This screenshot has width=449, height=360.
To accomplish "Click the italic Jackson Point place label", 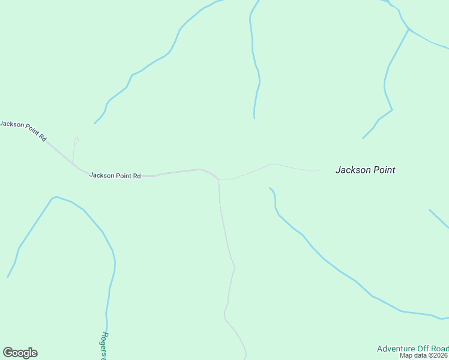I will coord(365,170).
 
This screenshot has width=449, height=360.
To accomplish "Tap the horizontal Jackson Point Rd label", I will coord(115,176).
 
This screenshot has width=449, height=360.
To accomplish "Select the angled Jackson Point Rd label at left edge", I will coord(23,130).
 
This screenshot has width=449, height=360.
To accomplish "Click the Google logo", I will coord(20,353).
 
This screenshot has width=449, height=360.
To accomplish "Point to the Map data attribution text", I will coord(424,355).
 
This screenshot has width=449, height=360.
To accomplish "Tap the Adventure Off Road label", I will coord(412,349).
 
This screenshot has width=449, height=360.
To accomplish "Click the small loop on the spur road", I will coord(76,140).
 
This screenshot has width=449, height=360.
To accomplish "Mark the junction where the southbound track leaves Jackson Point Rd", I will coord(218,179).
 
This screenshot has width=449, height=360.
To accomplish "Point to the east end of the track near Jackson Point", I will coord(319,171).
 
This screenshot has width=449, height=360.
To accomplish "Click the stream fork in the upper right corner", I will coord(409,28).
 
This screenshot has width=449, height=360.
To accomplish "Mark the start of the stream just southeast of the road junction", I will coord(270,188).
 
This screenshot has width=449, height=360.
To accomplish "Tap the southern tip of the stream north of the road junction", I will coord(255,118).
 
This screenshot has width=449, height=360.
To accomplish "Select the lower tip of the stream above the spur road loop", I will coord(94,124).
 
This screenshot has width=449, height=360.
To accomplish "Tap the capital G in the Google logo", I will coord(8,352).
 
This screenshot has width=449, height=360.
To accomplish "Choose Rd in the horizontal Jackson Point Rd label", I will coord(136,176).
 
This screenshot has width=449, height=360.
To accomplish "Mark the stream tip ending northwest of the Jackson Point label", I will coord(363,139).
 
